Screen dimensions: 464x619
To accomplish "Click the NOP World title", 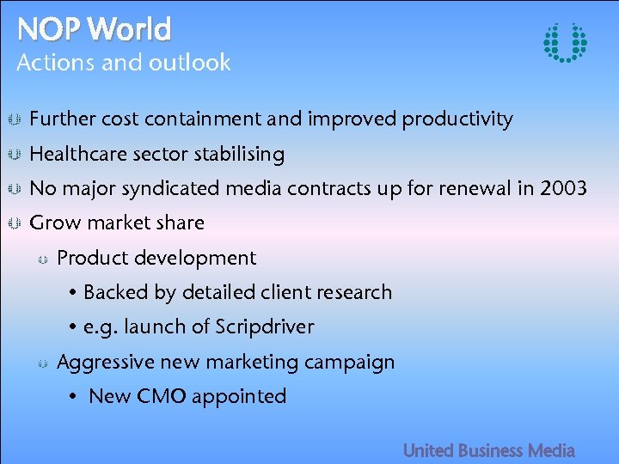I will click(95, 30).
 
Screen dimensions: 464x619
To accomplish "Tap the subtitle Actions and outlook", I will click(124, 63).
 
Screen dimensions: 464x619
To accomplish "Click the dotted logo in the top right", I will click(566, 42).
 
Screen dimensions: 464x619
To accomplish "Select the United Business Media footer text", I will click(488, 450).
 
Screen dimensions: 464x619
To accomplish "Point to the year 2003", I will click(563, 188).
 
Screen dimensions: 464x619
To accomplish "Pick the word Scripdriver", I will click(265, 327).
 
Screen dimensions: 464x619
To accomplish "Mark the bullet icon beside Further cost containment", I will click(14, 119).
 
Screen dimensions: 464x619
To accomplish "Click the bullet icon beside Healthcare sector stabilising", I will click(14, 155).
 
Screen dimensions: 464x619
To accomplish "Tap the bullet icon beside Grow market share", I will click(14, 223).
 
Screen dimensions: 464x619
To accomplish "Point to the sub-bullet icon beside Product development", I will click(41, 259).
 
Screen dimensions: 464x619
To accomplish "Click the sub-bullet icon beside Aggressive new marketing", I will click(41, 363).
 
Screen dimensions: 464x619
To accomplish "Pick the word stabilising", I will click(240, 155).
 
